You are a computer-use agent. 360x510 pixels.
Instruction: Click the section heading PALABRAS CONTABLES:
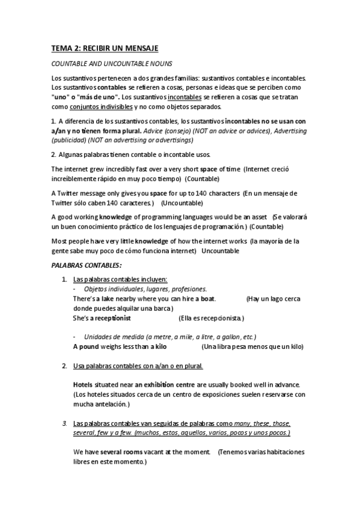click(87, 265)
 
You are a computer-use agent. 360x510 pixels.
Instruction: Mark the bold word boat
click(208, 299)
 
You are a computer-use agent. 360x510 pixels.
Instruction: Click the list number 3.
click(64, 424)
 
